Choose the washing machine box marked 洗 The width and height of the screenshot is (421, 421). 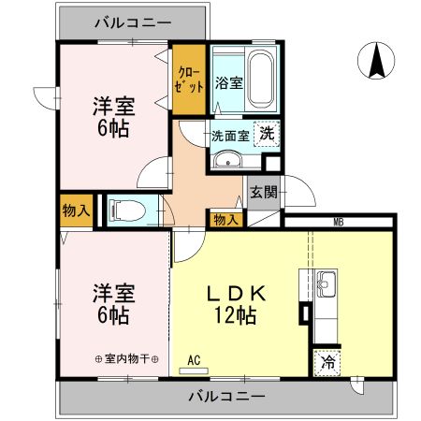[x=267, y=134]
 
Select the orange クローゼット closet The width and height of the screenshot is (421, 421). [x=189, y=80]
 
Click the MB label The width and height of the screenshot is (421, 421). [x=337, y=221]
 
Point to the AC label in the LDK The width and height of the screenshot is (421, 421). [x=194, y=359]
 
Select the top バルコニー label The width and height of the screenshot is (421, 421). [x=132, y=23]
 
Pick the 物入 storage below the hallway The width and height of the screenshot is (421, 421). [x=225, y=219]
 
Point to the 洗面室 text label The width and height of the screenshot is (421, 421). [x=229, y=134]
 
